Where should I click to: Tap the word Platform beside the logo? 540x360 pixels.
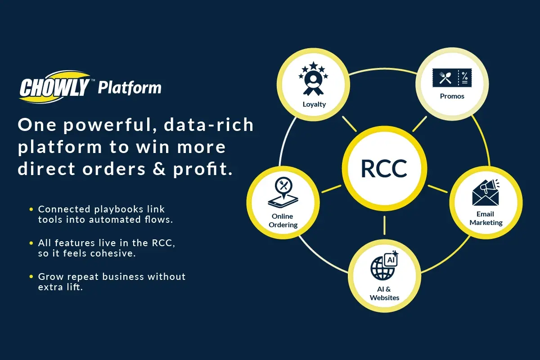point(130,88)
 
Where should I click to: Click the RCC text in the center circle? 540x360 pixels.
point(384,169)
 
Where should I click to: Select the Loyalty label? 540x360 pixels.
point(314,104)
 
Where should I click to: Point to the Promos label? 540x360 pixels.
point(452,96)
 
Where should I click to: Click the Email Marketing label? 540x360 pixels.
point(486,218)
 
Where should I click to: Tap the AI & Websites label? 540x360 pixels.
point(384,293)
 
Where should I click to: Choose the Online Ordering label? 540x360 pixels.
point(283,220)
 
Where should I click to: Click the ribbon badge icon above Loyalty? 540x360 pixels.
point(313,79)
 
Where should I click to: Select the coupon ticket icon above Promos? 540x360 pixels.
point(452,78)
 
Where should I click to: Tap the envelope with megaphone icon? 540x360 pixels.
point(486,193)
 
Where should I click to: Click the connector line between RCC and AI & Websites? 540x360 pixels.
point(384,225)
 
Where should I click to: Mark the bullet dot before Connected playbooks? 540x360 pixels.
point(31,209)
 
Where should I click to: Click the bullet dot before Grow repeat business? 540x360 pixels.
point(31,277)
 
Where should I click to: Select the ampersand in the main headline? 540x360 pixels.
point(159,169)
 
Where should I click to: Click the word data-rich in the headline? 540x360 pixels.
point(208,125)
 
